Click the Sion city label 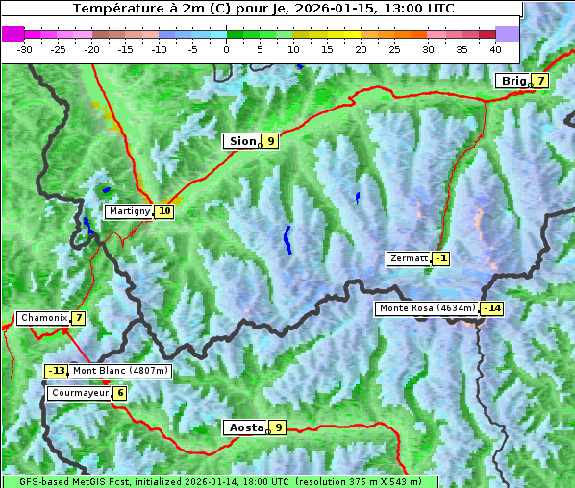tap(241, 141)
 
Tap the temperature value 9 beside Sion tap(270, 141)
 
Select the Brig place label tap(512, 81)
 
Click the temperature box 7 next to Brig tap(541, 81)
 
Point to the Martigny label tap(128, 211)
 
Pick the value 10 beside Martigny tap(164, 211)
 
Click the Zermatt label tap(408, 258)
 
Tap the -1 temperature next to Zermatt tap(440, 258)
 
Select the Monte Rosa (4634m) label tap(427, 308)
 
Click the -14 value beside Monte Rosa tap(492, 308)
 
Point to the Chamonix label tap(42, 318)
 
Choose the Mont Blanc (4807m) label tap(120, 371)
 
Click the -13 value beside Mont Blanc tap(57, 371)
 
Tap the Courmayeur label tap(79, 393)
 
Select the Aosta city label tap(244, 427)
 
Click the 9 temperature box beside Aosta tap(278, 427)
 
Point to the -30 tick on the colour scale tap(25, 49)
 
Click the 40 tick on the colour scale tap(495, 49)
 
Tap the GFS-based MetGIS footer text tap(219, 481)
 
